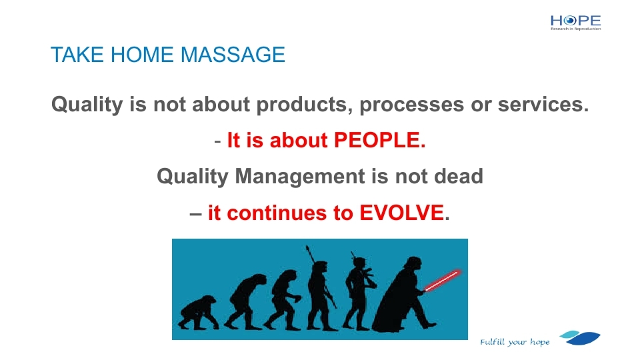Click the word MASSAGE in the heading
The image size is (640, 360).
[x=233, y=55]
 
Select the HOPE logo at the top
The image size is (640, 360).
[x=575, y=23]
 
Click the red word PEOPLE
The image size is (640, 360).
[x=379, y=140]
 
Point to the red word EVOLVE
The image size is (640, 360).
[x=401, y=213]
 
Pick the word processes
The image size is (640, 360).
[x=411, y=105]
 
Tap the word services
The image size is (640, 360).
[x=543, y=105]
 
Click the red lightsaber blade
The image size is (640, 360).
[x=443, y=280]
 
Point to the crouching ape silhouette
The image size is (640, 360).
[x=198, y=313]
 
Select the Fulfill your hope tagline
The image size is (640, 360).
[x=515, y=341]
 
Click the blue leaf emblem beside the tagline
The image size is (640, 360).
[x=580, y=337]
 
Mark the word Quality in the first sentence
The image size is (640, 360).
[x=87, y=105]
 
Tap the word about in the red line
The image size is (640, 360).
[x=299, y=140]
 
